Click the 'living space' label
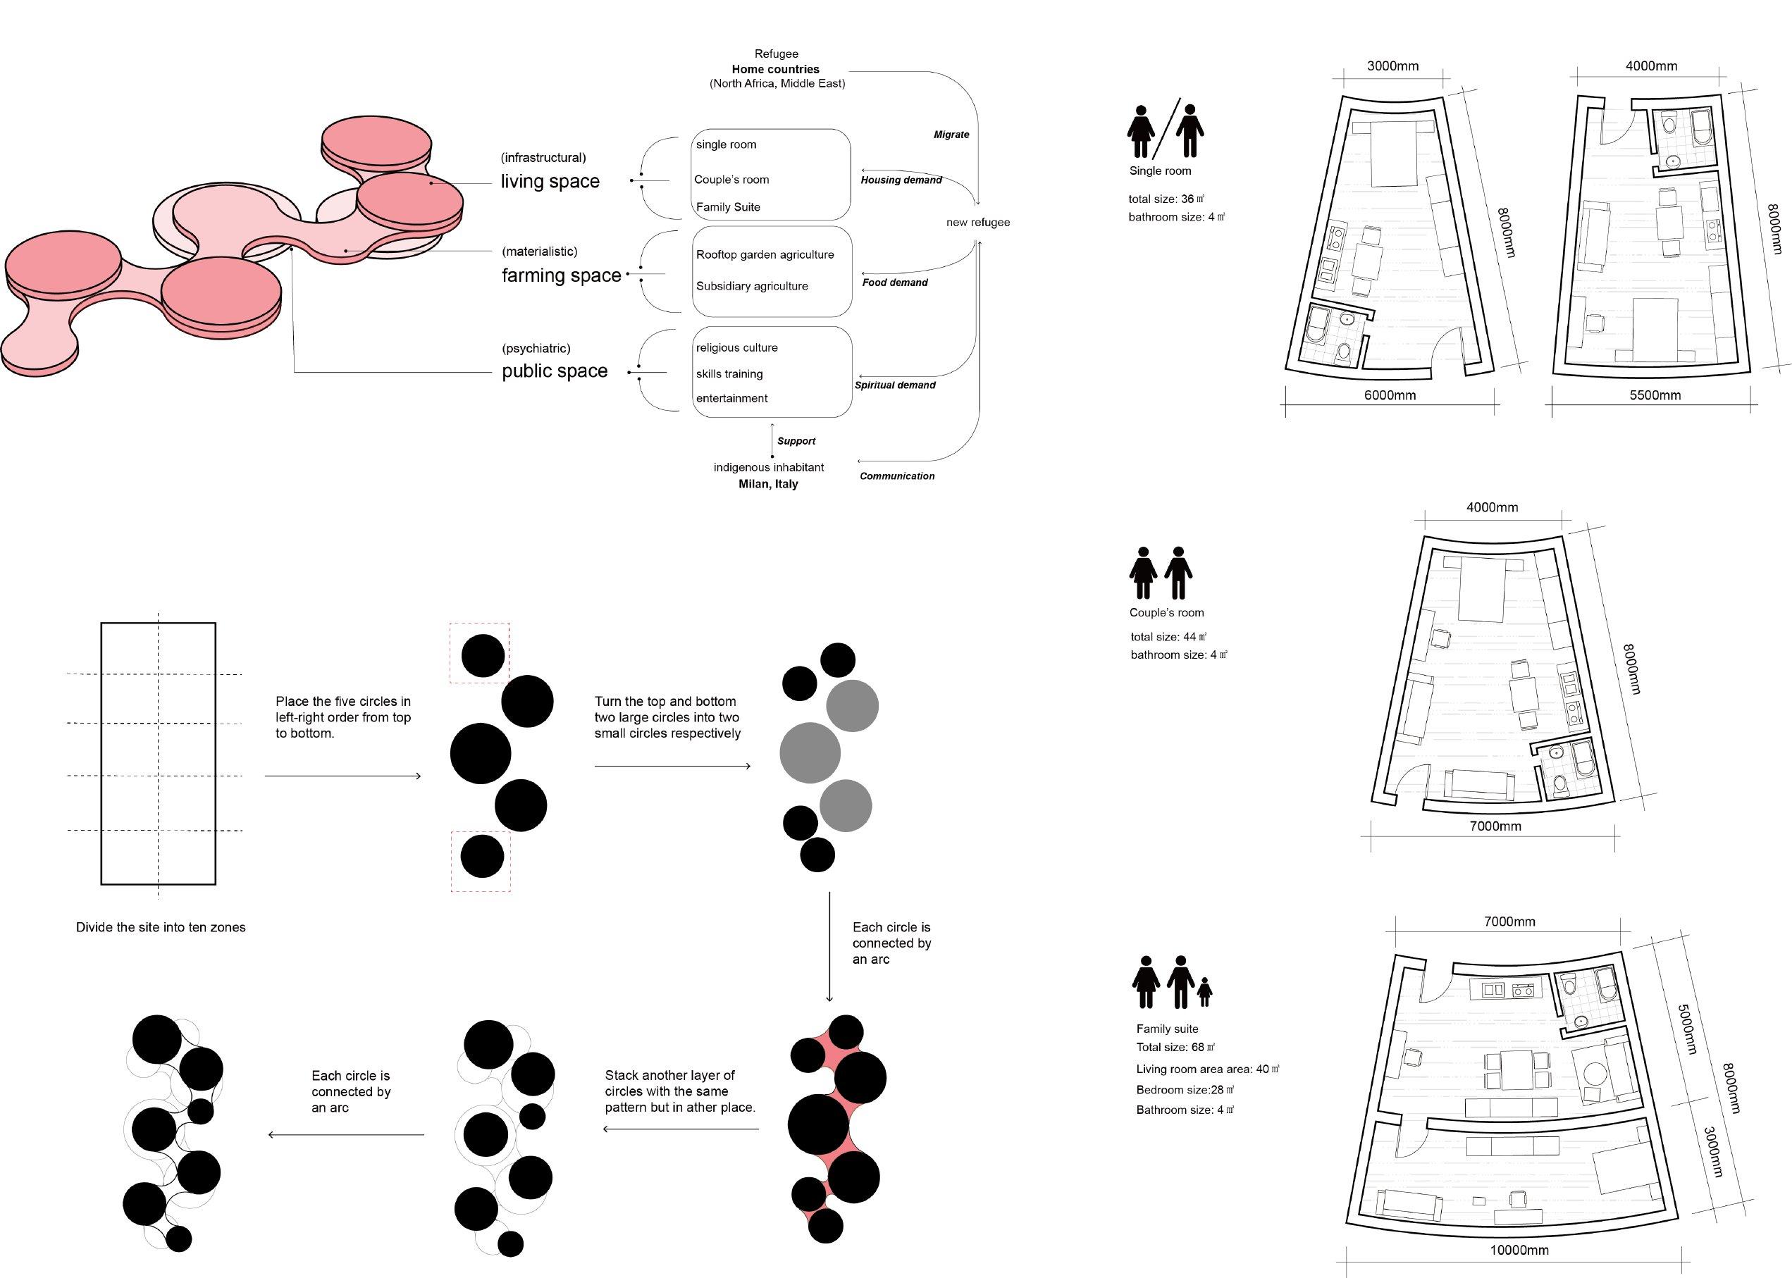(x=550, y=182)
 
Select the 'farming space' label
(x=561, y=275)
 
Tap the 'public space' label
(x=554, y=371)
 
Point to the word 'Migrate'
(x=951, y=135)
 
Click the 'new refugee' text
(x=977, y=223)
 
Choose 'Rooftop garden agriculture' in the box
(x=764, y=255)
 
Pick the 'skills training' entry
(x=729, y=374)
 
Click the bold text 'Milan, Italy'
(x=767, y=484)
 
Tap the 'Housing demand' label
(x=901, y=180)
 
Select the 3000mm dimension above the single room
(x=1392, y=66)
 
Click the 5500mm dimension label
(x=1655, y=396)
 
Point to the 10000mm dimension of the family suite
(x=1518, y=1251)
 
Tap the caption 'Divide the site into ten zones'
(x=161, y=928)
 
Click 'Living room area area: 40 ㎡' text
(x=1207, y=1069)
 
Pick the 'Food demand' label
(x=895, y=283)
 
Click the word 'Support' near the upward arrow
(x=796, y=442)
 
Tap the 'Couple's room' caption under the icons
(x=1166, y=613)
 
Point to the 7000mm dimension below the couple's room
(x=1495, y=826)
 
